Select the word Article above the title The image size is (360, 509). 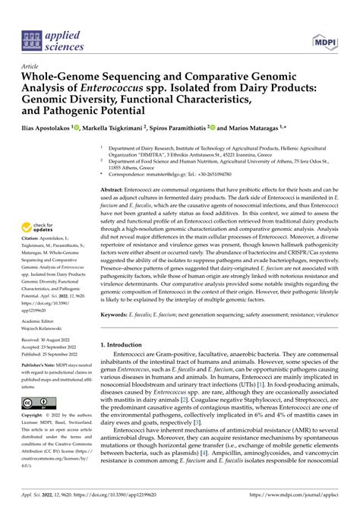point(33,66)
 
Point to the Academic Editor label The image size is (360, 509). point(42,343)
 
